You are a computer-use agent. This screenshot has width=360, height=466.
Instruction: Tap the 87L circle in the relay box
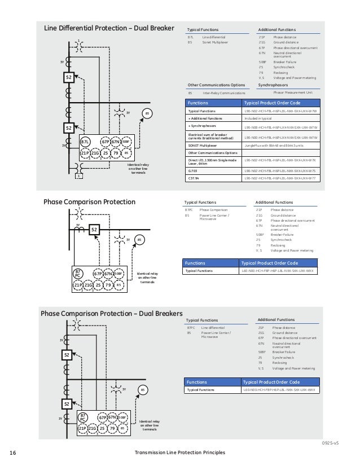pyautogui.click(x=85, y=142)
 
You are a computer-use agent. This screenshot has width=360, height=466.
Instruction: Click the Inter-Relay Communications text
pyautogui.click(x=221, y=93)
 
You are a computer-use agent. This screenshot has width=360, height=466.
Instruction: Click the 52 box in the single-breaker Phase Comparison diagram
pyautogui.click(x=94, y=230)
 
